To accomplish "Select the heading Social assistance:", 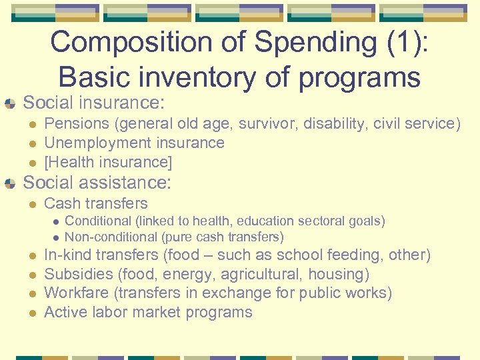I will (x=97, y=182).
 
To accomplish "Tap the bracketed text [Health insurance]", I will (x=108, y=162).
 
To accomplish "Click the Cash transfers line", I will (x=95, y=203).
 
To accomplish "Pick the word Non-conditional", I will (x=111, y=237).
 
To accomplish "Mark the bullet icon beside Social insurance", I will (x=9, y=103).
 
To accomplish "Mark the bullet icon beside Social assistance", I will (x=9, y=183).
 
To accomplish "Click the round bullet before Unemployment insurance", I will (x=31, y=143).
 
